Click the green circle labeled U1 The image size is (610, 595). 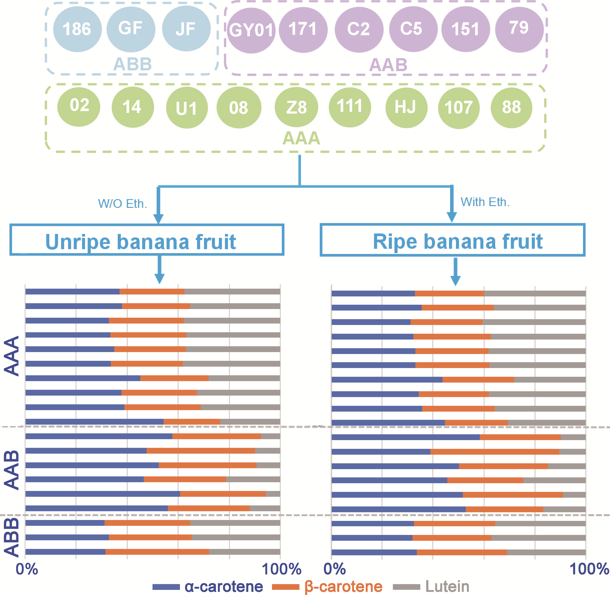[187, 108]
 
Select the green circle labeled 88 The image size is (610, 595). [511, 107]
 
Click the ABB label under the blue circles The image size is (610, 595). [132, 64]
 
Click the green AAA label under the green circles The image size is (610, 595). [301, 138]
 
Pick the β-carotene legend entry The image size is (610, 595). [327, 587]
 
